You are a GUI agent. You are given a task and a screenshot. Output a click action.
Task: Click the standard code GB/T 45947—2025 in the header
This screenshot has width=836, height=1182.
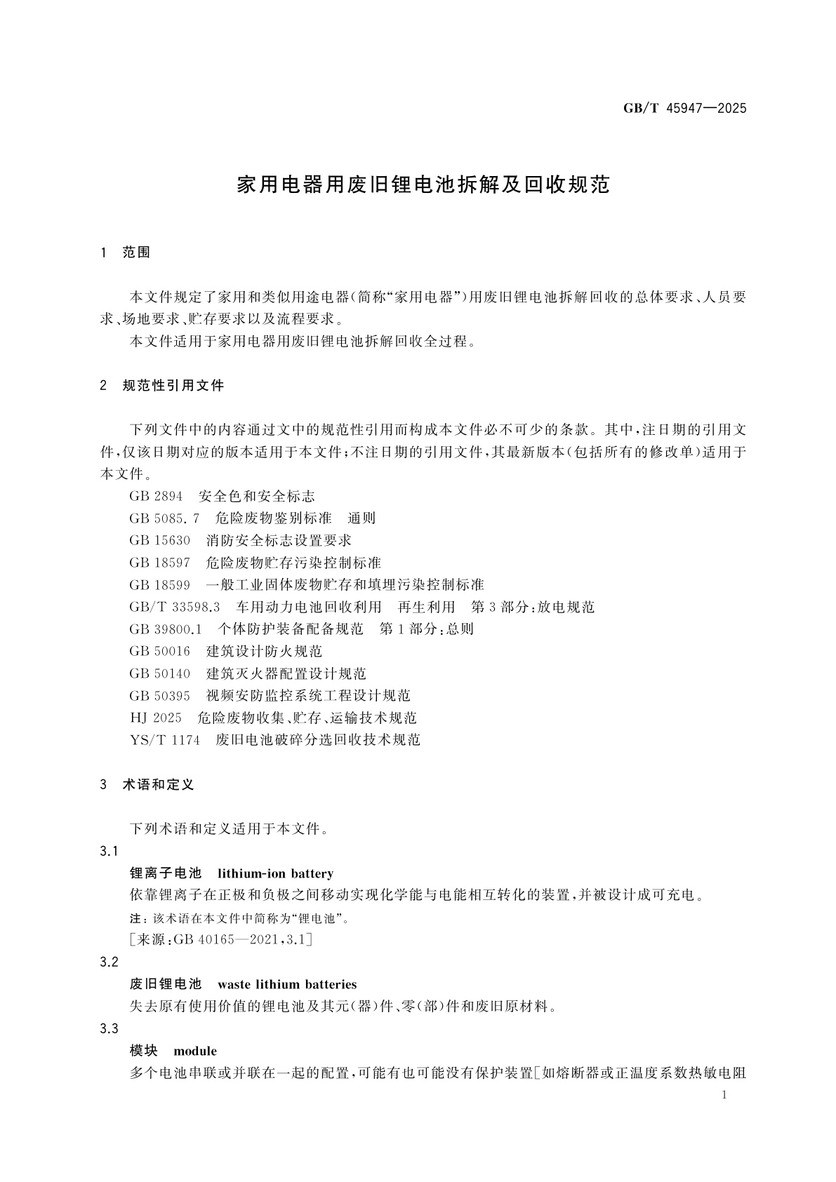coord(684,109)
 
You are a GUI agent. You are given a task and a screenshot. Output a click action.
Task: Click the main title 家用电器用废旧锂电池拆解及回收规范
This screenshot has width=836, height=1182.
coord(423,185)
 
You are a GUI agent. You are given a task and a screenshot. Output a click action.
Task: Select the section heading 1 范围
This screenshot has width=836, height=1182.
coord(126,253)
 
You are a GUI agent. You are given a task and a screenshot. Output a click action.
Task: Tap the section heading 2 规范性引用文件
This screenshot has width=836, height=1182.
coord(163,385)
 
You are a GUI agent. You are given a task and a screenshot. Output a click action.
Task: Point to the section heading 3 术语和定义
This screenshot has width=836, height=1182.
coord(147,785)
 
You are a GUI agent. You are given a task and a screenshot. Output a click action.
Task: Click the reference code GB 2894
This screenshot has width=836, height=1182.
coord(156,497)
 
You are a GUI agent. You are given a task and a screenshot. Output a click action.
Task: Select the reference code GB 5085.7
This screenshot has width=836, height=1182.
coord(164,518)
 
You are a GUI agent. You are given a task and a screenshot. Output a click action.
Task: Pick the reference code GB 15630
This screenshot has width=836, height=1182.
coord(160,541)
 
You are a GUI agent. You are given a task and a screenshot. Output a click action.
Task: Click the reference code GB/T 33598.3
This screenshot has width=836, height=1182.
coord(175,607)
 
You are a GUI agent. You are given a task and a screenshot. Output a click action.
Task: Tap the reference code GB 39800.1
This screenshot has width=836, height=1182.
coord(166,629)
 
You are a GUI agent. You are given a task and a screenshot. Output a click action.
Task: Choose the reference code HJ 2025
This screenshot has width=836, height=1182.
coord(156,718)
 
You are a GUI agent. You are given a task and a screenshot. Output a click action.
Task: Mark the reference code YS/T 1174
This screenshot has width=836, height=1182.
coord(165,740)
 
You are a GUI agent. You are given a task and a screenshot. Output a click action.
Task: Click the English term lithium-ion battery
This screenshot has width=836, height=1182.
coord(275,874)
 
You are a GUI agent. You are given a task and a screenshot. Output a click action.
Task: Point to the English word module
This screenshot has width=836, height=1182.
coord(195,1052)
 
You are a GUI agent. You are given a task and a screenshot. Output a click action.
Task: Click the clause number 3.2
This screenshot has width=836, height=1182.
coord(110,962)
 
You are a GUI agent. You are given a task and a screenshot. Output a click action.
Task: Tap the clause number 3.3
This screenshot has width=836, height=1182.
coord(110,1029)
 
